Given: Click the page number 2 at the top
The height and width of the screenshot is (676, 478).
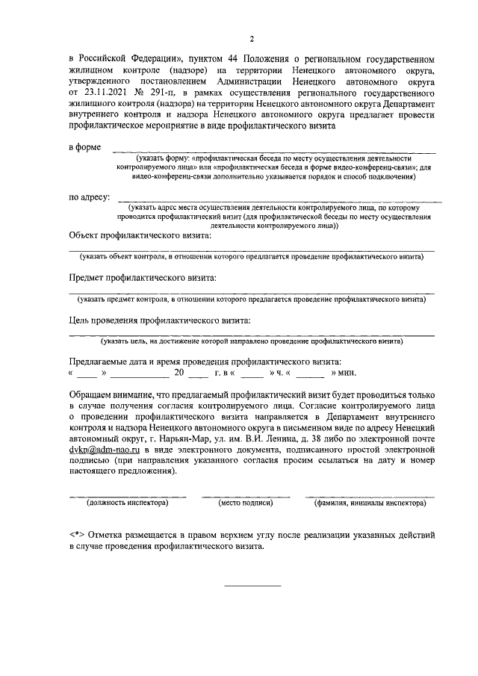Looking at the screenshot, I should click(x=252, y=39).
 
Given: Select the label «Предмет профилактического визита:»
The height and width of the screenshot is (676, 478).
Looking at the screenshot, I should click(x=143, y=278).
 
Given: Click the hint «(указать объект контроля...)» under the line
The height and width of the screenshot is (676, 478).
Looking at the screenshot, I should click(x=252, y=257).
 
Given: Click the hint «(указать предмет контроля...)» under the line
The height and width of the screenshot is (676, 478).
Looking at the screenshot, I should click(x=252, y=300).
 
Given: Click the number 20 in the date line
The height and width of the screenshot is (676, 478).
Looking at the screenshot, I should click(x=179, y=372).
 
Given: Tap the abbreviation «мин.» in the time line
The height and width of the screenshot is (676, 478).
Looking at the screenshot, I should click(x=347, y=372).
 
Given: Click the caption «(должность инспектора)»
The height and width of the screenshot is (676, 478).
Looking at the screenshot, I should click(x=128, y=503).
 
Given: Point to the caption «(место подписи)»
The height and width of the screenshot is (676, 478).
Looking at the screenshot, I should click(x=245, y=503).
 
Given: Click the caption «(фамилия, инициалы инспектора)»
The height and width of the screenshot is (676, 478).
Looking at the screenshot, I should click(x=370, y=503).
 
